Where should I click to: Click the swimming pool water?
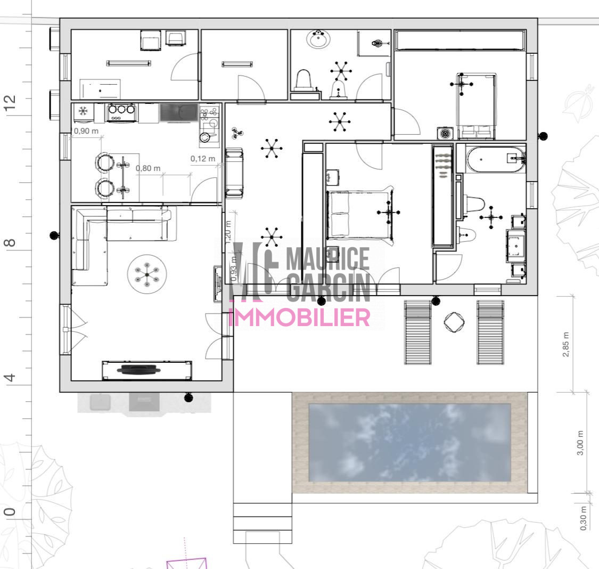[409, 443]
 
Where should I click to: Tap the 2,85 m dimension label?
[566, 344]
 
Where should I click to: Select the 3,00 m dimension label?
[580, 443]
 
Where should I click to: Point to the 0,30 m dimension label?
[583, 518]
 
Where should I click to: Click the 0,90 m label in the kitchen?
[86, 131]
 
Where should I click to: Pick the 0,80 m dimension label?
[148, 168]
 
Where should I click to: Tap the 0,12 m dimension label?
[203, 159]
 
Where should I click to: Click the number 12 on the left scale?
[10, 103]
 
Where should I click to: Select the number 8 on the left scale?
[10, 242]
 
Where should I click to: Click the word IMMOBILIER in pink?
[300, 317]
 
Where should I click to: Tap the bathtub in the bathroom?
[496, 159]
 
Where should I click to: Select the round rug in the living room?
[147, 274]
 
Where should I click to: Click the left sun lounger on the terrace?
[418, 332]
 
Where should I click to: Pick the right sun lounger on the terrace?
[490, 332]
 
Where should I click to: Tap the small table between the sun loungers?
[454, 322]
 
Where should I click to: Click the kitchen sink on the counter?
[179, 113]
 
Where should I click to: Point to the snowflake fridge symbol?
[83, 111]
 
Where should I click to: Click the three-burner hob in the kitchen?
[121, 112]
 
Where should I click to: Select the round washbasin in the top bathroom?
[318, 39]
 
